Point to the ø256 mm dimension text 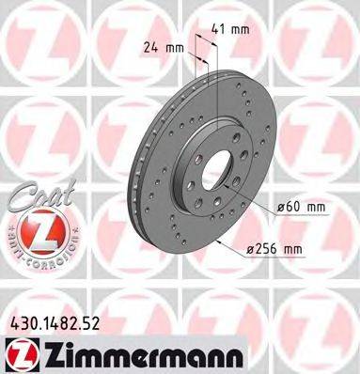tap(278, 248)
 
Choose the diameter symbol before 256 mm tap(252, 248)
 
